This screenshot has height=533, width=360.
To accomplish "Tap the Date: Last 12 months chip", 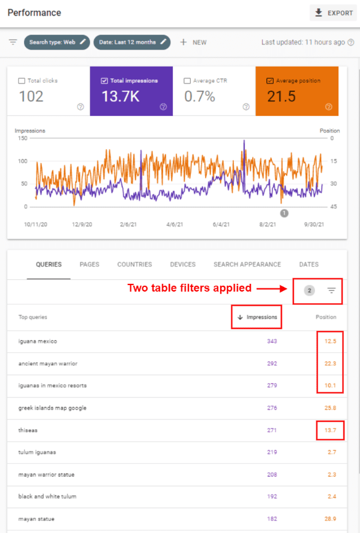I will click(131, 42).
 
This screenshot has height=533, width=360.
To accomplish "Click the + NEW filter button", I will click(193, 42).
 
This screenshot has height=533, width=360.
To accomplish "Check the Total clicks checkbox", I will click(22, 80).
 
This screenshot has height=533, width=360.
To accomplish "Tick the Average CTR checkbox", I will click(188, 80).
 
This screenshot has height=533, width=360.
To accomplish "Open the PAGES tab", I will click(89, 264).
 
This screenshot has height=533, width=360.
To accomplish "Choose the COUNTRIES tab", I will click(134, 264).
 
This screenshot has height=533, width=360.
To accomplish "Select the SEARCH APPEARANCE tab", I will click(247, 264).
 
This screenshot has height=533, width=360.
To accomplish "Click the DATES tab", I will click(309, 264).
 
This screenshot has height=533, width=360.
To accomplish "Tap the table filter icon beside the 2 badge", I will click(331, 291).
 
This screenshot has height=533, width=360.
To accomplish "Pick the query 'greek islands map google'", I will click(52, 408).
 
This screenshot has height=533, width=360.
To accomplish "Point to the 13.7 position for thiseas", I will click(330, 430).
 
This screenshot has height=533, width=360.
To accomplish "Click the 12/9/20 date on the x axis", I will click(82, 224).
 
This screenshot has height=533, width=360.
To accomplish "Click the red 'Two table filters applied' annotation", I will click(189, 288).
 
